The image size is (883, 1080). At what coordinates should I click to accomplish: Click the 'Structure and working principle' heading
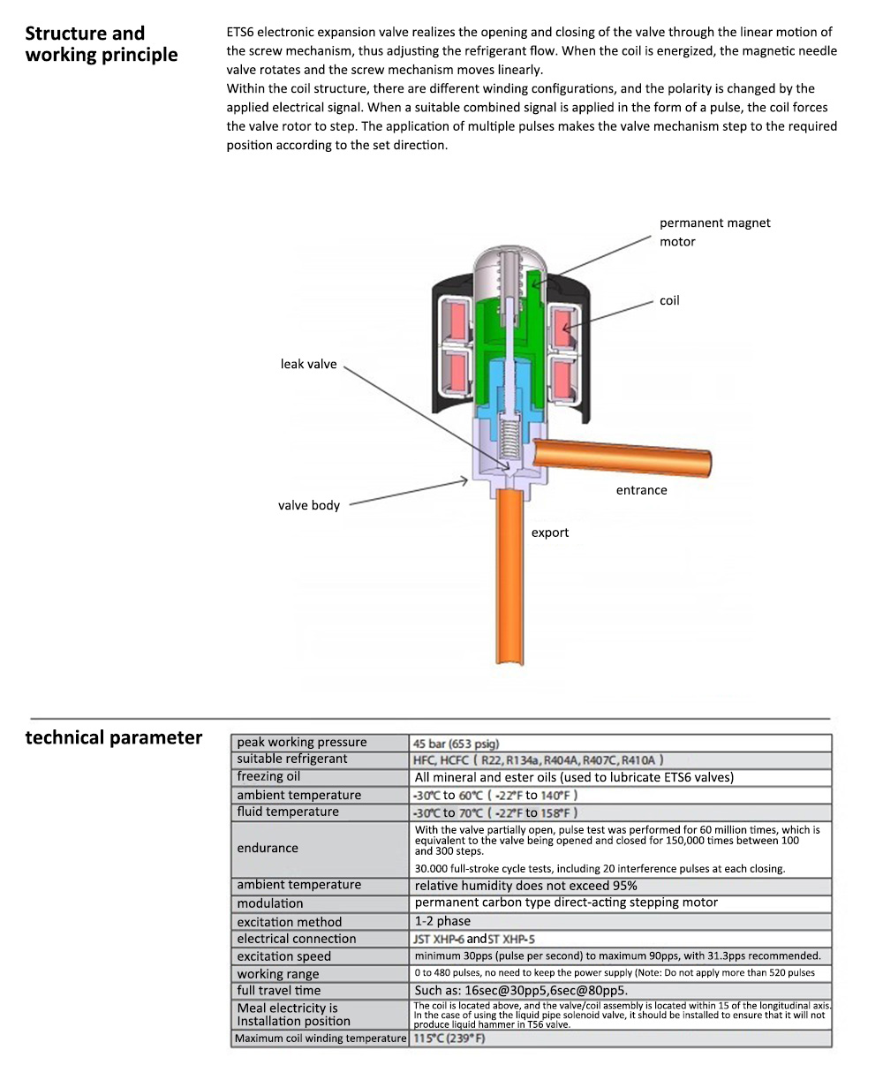coord(101,44)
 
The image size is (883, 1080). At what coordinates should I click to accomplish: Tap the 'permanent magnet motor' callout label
coord(714,232)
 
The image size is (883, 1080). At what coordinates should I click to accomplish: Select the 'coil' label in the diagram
coord(669,301)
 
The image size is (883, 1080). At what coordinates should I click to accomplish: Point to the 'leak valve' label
coord(308,364)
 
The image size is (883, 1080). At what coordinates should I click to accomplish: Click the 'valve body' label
coord(308,506)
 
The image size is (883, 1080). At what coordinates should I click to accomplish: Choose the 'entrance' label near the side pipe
coord(641,490)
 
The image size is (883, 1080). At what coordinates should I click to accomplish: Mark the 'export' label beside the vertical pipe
coord(550,532)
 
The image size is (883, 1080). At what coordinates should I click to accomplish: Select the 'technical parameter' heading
coord(114,737)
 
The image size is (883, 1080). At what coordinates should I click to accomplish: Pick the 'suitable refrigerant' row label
coord(292,759)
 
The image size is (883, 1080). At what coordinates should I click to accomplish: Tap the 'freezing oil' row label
coord(268,777)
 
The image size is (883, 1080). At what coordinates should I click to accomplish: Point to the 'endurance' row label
coord(268,849)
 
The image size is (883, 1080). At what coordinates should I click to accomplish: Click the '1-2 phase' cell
coord(442,921)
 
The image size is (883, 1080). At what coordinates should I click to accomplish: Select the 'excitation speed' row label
coord(283,956)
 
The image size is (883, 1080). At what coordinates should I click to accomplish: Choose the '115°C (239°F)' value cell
coord(449,1038)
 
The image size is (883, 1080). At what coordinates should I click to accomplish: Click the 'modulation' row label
coord(269,903)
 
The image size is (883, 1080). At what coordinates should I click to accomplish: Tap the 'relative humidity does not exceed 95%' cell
coord(525,885)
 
